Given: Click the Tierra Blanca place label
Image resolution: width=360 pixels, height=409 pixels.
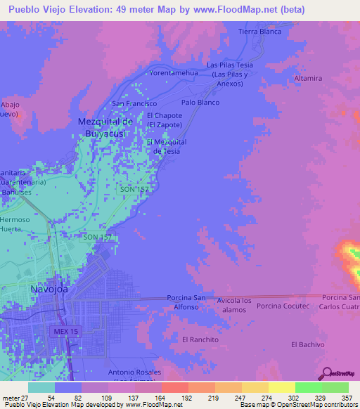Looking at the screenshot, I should [259, 32].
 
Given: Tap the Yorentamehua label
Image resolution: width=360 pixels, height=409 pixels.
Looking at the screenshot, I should [172, 72].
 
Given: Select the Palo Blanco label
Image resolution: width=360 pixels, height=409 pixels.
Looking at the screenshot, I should [200, 102].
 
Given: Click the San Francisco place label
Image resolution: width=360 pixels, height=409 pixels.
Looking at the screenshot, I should [135, 103].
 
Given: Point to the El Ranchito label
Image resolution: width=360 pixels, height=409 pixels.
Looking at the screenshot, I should [199, 339].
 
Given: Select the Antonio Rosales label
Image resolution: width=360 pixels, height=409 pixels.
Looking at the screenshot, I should [134, 372].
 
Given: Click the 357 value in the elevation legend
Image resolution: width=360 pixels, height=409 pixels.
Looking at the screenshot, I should [347, 397].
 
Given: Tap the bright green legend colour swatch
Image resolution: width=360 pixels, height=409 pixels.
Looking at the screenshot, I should [309, 387].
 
